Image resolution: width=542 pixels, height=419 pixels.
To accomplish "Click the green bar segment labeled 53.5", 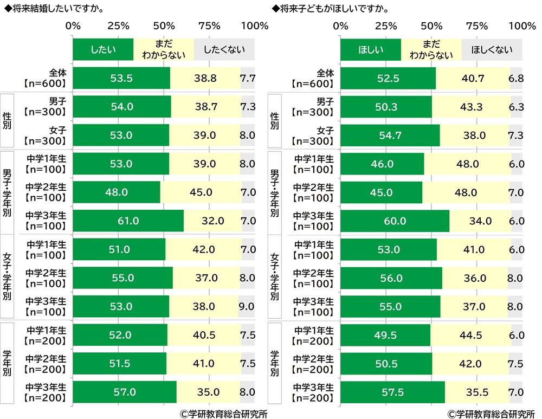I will point(121,79).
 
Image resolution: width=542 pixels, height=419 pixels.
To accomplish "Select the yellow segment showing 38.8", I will point(205,79).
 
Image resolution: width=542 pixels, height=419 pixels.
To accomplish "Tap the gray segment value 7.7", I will point(247,79).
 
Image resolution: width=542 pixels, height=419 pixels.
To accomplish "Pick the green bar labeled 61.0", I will point(128,221).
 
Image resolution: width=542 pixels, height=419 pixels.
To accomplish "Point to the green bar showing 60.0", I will point(395,221).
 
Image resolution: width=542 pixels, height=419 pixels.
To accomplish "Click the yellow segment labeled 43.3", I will point(471,107).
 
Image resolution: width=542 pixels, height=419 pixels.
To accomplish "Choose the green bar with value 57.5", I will point(392,391).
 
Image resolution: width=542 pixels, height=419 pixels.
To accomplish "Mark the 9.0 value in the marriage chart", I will point(246,306).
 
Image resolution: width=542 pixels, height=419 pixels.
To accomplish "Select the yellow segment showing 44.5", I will point(470,334).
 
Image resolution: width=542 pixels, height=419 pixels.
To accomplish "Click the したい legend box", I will point(103,50).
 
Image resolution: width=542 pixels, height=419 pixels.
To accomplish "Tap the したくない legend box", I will point(224,50).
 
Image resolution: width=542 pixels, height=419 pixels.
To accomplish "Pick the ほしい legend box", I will point(371,50).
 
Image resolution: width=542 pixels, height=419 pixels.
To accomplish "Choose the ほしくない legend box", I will point(492,50).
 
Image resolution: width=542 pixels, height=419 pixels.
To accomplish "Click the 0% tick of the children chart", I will point(340,26).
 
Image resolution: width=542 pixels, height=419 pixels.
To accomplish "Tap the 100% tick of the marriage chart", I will point(254,26).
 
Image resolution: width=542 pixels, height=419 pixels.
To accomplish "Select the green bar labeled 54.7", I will point(390,136).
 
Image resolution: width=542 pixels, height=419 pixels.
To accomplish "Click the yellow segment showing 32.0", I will point(212,221).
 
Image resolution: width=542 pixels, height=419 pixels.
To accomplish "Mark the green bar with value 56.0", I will point(391,278).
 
